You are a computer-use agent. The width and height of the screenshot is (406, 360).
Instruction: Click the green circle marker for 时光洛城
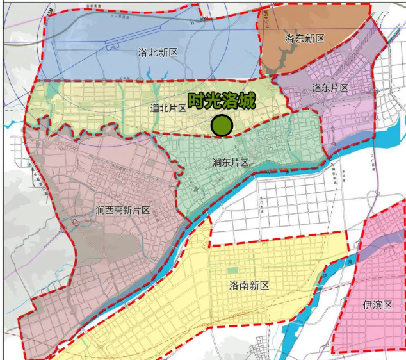[x=222, y=126]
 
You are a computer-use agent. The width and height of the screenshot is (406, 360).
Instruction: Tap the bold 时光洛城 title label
[x=221, y=101]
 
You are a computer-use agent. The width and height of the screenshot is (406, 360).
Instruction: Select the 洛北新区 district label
[x=158, y=53]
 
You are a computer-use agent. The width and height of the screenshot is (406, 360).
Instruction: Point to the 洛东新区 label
[x=304, y=39]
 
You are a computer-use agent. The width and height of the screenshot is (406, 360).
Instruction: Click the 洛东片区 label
[x=330, y=88]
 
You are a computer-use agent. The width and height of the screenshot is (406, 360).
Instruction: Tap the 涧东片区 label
[x=231, y=163]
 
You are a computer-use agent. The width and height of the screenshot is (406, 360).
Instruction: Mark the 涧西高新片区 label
[x=122, y=210]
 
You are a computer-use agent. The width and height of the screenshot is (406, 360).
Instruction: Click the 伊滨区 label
[x=377, y=305]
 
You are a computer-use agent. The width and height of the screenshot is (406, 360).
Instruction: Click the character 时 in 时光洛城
[x=196, y=101]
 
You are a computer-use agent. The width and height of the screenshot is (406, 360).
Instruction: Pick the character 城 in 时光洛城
[x=247, y=101]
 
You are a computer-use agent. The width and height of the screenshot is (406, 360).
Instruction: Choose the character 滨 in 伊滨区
[x=377, y=305]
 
